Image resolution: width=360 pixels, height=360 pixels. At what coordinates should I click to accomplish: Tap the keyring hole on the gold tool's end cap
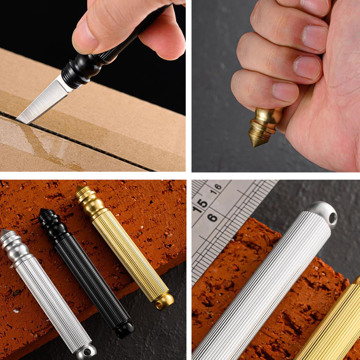158,305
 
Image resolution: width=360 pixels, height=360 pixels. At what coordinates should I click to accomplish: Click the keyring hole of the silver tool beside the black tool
87,352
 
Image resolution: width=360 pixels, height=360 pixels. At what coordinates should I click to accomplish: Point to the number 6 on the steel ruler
212,217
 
